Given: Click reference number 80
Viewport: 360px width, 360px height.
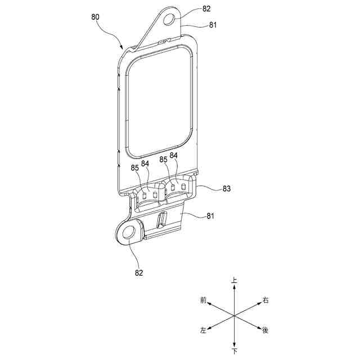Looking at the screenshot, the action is (96, 17).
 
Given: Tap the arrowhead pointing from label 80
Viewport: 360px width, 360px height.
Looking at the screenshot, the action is (123, 48).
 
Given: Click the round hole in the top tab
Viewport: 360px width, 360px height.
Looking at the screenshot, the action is (170, 21).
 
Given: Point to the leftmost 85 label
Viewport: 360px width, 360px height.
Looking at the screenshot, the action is (135, 168).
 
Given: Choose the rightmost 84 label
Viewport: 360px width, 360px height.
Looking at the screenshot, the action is (174, 155).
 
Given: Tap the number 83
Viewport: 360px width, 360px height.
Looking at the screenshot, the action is (227, 189).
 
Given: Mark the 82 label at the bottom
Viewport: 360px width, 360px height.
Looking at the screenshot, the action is (138, 272).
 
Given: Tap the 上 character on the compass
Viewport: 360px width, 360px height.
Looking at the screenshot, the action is (235, 280).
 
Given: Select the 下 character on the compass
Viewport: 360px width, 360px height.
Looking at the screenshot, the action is (235, 352).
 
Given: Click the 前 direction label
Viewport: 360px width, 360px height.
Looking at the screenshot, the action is (203, 301).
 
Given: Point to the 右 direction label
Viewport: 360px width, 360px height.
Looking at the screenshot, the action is (265, 301).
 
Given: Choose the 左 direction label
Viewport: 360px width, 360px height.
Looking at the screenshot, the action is (203, 330).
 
